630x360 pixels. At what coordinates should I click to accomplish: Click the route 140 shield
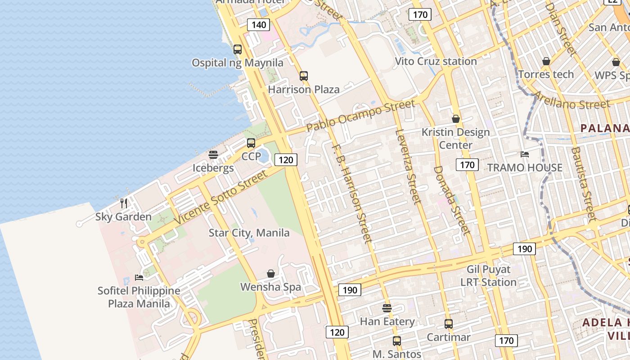tap(259, 25)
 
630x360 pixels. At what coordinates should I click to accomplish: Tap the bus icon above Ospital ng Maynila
tap(238, 49)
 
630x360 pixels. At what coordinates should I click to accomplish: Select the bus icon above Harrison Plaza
tap(304, 76)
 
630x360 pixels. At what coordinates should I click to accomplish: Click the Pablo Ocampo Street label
tap(360, 116)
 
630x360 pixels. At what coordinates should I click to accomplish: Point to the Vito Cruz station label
tap(436, 61)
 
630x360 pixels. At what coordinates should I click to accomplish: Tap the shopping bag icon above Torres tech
tap(546, 61)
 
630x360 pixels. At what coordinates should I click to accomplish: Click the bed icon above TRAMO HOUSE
tap(525, 154)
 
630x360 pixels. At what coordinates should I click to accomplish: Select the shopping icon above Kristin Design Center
tap(456, 119)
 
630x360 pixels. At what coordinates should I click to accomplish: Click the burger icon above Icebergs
tap(213, 155)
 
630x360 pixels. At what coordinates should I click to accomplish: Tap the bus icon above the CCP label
tap(251, 143)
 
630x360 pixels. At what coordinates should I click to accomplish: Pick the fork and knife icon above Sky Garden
tap(124, 203)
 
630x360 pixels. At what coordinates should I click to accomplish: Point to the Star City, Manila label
tap(249, 233)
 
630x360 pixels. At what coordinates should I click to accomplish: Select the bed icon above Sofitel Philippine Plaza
tap(139, 278)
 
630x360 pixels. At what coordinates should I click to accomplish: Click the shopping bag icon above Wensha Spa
tap(271, 274)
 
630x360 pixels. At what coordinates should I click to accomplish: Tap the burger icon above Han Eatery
tap(387, 308)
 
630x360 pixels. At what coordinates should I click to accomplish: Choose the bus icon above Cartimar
tap(449, 324)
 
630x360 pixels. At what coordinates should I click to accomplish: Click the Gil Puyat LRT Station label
tap(488, 276)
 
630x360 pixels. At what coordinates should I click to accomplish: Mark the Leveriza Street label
tap(409, 166)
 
